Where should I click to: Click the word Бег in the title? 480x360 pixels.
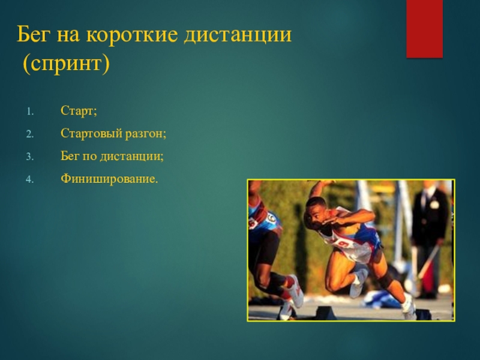coord(33,34)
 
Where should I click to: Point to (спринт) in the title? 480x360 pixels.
coord(66,64)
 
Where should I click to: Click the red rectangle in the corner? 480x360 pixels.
coord(424,28)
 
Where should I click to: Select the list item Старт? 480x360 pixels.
coord(79,110)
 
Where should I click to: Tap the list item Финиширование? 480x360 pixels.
coord(109,178)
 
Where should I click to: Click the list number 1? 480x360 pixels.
coord(29,112)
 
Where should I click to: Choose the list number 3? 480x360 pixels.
coord(29,157)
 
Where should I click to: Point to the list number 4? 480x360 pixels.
coord(29,179)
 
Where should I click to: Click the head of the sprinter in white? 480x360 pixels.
coord(316,212)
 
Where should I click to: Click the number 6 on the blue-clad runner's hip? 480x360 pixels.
coord(271,218)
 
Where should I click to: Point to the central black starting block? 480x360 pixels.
coord(325,313)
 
